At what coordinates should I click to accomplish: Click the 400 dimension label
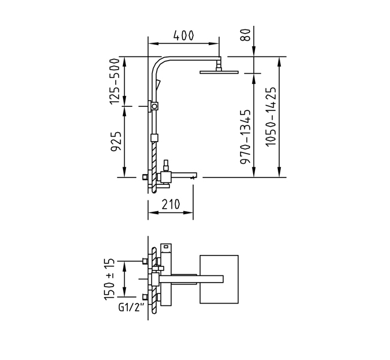[184, 35]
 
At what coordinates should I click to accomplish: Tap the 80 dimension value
[245, 35]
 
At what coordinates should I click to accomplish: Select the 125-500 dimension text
[115, 82]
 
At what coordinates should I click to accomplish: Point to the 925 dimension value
[116, 142]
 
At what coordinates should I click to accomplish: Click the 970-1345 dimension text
[245, 137]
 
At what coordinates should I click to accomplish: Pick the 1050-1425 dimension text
[271, 116]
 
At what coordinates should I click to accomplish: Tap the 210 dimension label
[170, 205]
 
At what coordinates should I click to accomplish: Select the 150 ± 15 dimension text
[110, 279]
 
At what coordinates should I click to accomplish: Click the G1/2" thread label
[131, 308]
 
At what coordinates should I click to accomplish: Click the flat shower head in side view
[219, 73]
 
